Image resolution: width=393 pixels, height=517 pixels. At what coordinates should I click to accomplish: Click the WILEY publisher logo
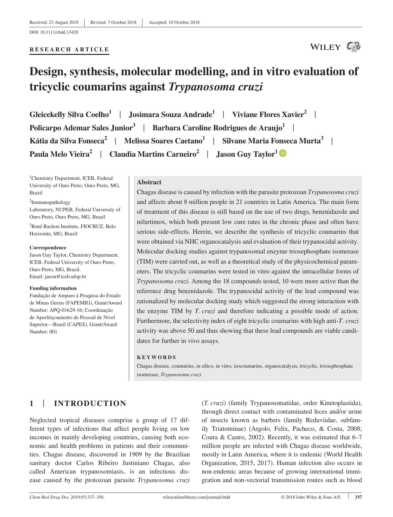(325, 47)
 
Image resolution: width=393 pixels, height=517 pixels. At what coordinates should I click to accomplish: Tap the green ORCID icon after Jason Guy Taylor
(283, 153)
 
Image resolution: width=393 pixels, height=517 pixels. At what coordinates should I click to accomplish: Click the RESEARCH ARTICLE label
(69, 49)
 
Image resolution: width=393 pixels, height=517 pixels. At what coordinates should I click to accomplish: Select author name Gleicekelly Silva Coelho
(69, 115)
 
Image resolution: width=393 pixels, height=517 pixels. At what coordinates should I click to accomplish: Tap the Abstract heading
(149, 182)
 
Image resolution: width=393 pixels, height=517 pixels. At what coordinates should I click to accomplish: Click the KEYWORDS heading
(156, 357)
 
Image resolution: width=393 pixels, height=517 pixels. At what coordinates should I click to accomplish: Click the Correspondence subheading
(48, 247)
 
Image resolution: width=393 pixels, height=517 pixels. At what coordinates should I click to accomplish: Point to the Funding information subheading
(53, 288)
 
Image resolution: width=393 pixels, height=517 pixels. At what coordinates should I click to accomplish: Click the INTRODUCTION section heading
(90, 403)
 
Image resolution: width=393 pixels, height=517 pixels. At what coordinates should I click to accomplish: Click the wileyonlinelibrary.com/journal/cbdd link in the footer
(196, 497)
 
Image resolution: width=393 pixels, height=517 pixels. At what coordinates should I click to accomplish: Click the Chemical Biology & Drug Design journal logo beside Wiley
(353, 47)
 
